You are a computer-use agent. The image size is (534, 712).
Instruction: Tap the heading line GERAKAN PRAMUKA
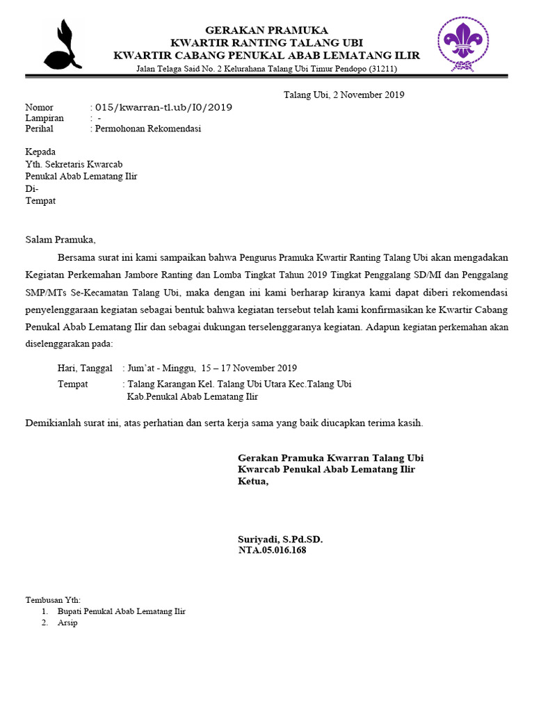(x=266, y=30)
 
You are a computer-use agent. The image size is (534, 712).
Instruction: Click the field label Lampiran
(x=44, y=118)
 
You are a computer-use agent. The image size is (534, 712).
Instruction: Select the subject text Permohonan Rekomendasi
(x=148, y=129)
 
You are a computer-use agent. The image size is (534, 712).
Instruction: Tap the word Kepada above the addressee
(x=40, y=152)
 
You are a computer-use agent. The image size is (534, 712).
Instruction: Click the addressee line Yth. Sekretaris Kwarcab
(x=74, y=164)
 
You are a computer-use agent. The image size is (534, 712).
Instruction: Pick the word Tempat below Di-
(x=40, y=201)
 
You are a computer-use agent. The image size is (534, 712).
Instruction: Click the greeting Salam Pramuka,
(x=60, y=240)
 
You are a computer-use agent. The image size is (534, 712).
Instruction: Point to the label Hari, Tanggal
(x=85, y=368)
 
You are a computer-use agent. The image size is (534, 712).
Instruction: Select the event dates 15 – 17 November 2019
(x=250, y=368)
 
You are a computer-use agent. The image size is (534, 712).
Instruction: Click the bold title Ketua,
(x=253, y=481)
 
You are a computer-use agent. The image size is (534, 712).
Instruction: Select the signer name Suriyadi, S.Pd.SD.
(x=280, y=540)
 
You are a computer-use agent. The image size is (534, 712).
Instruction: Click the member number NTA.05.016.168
(x=273, y=550)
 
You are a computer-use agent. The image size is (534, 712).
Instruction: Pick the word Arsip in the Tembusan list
(x=67, y=622)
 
